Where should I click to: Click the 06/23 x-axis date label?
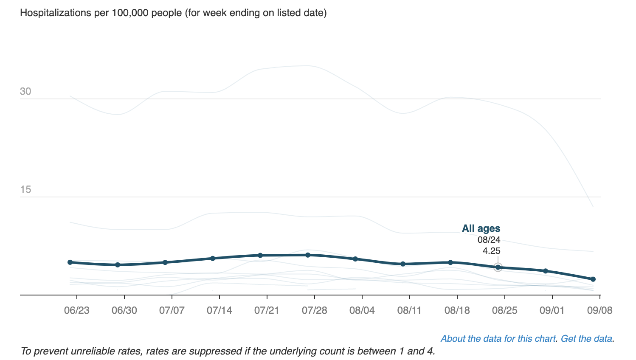pos(76,310)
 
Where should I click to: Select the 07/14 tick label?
pos(219,310)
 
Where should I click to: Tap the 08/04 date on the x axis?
pos(362,310)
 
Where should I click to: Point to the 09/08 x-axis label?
pos(599,310)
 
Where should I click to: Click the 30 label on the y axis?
pos(25,91)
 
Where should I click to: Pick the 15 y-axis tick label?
pos(25,189)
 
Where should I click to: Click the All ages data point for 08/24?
pos(498,267)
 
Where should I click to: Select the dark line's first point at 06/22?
pos(70,262)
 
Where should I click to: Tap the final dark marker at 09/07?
pos(593,279)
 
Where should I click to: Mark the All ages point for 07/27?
pos(308,255)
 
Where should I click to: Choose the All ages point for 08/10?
pos(403,264)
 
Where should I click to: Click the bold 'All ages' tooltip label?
pos(481,228)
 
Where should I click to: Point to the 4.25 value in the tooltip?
pos(491,251)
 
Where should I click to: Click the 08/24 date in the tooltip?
pos(489,240)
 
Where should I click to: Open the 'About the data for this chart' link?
pos(498,339)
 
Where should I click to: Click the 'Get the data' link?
pos(586,339)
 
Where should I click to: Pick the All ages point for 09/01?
pos(546,271)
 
